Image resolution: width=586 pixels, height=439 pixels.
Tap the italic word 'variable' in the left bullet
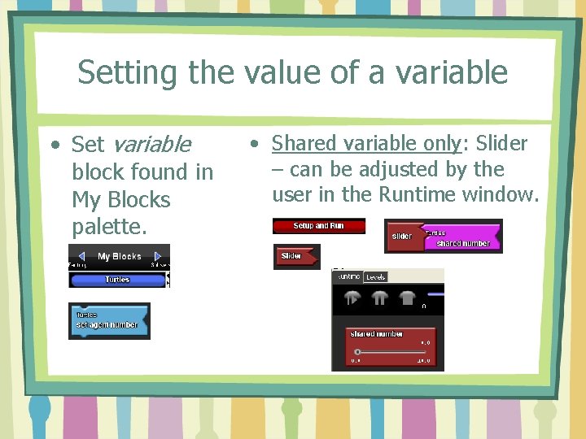pyautogui.click(x=151, y=145)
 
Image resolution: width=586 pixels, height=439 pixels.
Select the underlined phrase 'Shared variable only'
pyautogui.click(x=366, y=143)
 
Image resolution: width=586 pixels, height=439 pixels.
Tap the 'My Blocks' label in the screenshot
pyautogui.click(x=120, y=257)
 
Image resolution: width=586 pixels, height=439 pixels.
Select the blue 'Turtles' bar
pyautogui.click(x=117, y=280)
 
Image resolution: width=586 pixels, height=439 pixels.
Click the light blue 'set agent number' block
pyautogui.click(x=108, y=321)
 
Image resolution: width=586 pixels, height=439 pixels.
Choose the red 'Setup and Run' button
pyautogui.click(x=318, y=226)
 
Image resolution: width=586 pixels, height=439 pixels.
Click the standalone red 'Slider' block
pyautogui.click(x=292, y=257)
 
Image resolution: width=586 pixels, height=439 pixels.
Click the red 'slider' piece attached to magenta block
pyautogui.click(x=401, y=237)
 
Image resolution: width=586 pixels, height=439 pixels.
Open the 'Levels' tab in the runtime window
pyautogui.click(x=375, y=277)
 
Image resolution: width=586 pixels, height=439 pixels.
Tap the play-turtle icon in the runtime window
pyautogui.click(x=352, y=298)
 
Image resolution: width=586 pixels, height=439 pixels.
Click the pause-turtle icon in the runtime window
pyautogui.click(x=379, y=298)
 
